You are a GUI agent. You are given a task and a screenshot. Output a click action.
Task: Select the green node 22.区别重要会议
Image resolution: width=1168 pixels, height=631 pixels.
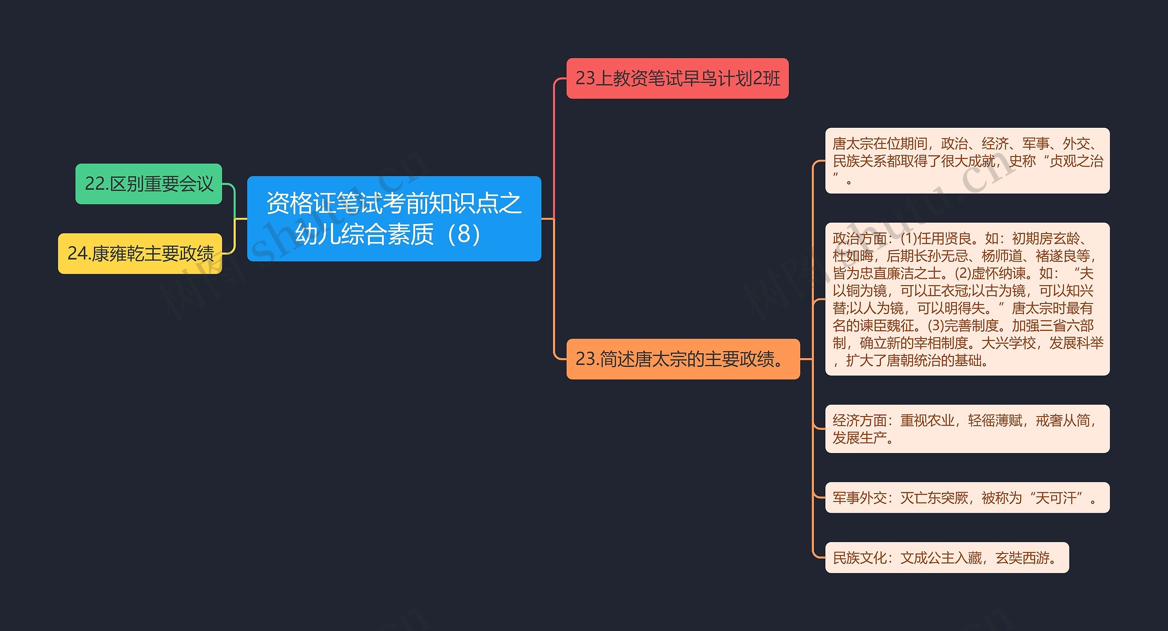coord(149,184)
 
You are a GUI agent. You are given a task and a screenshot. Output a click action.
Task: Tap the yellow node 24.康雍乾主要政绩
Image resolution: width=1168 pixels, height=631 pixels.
coord(140,254)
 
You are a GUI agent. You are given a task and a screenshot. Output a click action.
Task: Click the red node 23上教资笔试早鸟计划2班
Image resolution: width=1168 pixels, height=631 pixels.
coord(677,78)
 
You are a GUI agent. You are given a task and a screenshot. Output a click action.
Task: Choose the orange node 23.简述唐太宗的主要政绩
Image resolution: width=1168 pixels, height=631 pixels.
coord(683,359)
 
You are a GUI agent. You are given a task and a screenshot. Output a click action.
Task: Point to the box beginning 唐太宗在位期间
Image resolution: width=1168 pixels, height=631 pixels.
coord(967,161)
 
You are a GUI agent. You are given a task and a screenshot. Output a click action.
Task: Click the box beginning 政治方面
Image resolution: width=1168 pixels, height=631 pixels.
coord(967,299)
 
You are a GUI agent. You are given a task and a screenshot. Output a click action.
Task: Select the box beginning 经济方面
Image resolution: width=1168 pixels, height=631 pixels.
coord(967,429)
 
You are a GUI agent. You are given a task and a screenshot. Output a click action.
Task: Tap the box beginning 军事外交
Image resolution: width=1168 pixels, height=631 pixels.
coord(967,498)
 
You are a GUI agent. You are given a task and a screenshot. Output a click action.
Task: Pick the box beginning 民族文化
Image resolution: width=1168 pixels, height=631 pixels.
coord(947,558)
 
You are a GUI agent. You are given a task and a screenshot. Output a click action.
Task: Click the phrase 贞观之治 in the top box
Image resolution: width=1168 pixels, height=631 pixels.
coord(1076,161)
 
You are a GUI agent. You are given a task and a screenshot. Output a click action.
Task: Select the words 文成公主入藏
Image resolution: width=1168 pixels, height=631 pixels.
coord(941,558)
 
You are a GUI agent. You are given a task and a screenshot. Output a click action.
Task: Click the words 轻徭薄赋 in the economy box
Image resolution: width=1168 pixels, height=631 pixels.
coord(995,420)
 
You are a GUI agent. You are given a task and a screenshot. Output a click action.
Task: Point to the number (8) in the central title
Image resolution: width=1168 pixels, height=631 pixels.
coord(463,234)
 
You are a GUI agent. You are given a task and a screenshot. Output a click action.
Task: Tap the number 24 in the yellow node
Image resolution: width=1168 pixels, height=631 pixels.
coord(77,254)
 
